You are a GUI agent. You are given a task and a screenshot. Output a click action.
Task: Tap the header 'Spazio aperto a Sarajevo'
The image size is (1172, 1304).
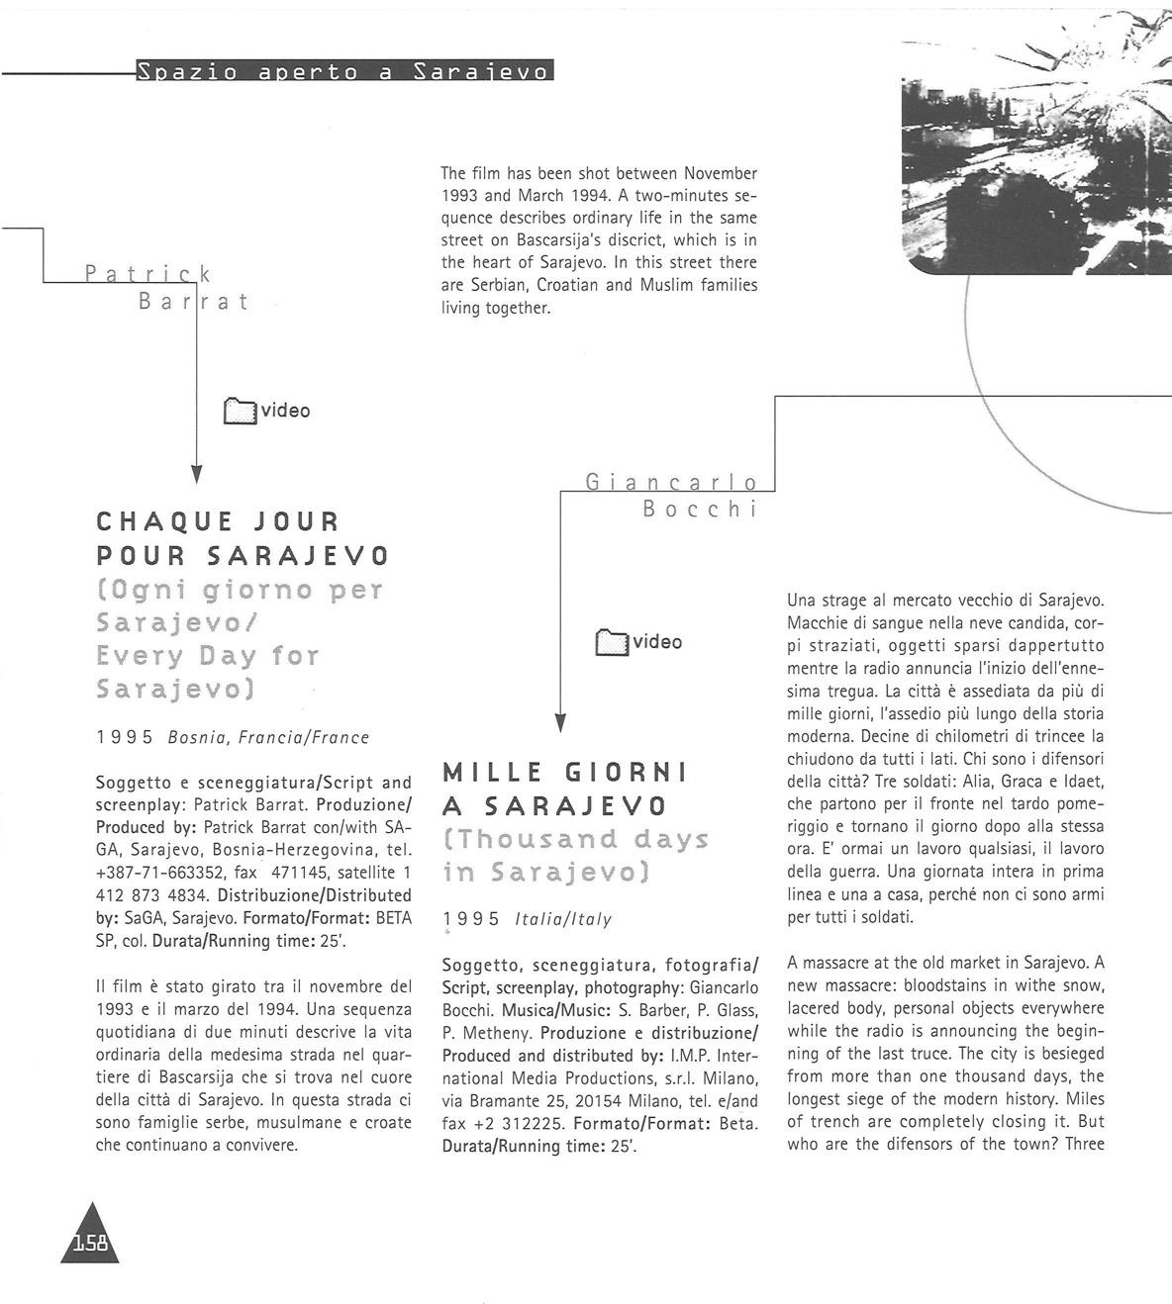[x=343, y=71]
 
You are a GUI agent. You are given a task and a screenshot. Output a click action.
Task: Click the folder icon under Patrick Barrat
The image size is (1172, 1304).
[x=240, y=411]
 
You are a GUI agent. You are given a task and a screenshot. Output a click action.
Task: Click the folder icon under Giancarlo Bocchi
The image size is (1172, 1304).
[x=612, y=642]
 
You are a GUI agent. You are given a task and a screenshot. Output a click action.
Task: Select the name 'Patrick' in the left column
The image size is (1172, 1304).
[x=148, y=273]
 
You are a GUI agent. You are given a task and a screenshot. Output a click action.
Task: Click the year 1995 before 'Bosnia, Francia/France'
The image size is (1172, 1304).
[x=125, y=737]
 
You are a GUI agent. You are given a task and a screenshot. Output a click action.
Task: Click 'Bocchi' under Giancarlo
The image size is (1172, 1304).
[x=699, y=510]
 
